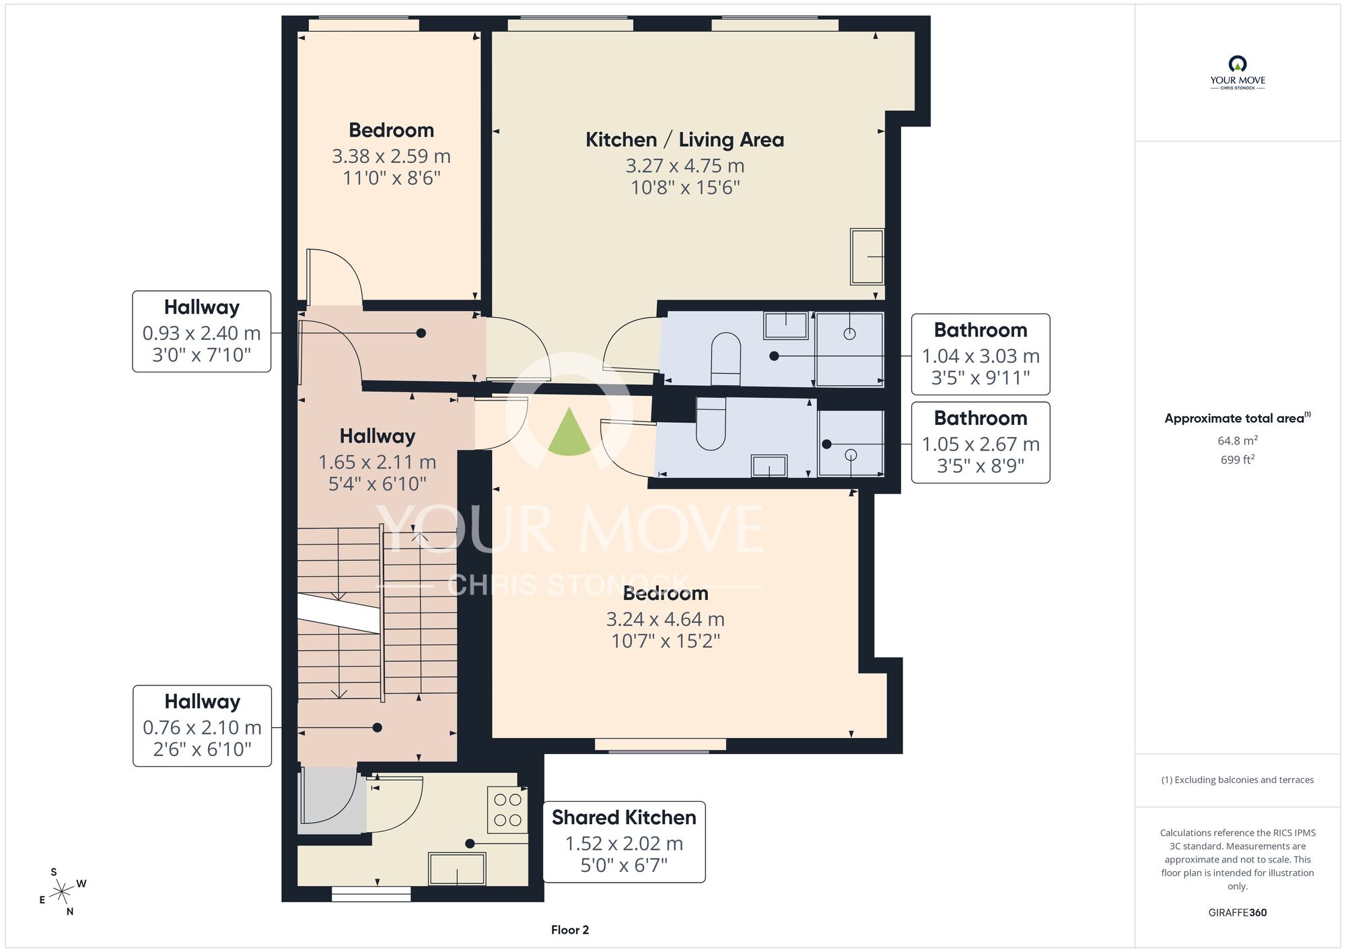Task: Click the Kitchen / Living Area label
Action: [x=684, y=140]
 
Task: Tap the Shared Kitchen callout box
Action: [x=624, y=842]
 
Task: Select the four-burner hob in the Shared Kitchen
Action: [x=507, y=810]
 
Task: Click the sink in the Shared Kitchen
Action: [x=457, y=869]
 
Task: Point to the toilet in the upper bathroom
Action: [x=725, y=359]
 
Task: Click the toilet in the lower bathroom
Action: [x=711, y=423]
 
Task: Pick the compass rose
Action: [x=63, y=892]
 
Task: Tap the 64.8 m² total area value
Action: [x=1237, y=440]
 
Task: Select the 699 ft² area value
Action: [x=1237, y=460]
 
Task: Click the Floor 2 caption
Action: [x=570, y=930]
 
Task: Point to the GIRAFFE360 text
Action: [x=1237, y=913]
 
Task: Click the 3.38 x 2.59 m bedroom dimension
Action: [x=391, y=156]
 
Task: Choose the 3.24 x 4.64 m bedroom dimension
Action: [x=665, y=619]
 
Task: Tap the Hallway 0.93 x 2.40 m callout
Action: [x=202, y=331]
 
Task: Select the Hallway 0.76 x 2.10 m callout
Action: [x=202, y=726]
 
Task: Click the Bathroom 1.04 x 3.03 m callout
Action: [x=981, y=354]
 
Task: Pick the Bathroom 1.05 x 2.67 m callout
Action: [x=981, y=442]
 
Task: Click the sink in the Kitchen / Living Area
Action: [x=867, y=257]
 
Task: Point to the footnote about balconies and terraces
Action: [x=1237, y=780]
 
